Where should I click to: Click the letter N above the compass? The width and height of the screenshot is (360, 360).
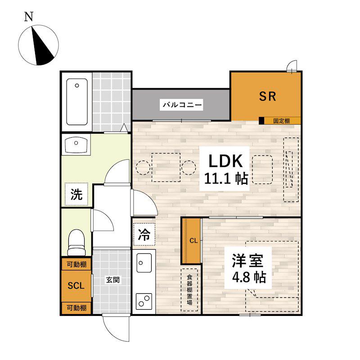(29, 17)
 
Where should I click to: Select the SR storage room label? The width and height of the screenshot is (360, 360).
(267, 96)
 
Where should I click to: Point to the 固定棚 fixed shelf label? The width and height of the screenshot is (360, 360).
(282, 121)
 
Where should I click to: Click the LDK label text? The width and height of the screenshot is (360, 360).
(225, 161)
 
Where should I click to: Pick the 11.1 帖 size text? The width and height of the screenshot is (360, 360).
(226, 179)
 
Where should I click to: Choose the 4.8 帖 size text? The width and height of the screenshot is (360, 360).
(249, 277)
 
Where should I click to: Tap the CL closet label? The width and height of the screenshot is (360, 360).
(193, 241)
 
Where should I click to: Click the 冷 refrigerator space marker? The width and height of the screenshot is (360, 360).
(144, 234)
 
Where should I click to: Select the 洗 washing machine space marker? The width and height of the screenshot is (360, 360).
(76, 194)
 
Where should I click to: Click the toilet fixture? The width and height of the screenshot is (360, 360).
(76, 242)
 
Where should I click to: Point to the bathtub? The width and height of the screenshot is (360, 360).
(77, 102)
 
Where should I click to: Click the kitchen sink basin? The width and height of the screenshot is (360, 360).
(144, 263)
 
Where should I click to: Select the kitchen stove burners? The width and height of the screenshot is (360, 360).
(144, 301)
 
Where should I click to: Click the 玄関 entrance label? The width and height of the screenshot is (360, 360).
(112, 280)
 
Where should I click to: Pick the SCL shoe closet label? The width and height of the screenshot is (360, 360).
(76, 286)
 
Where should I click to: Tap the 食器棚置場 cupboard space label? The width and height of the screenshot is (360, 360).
(189, 290)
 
